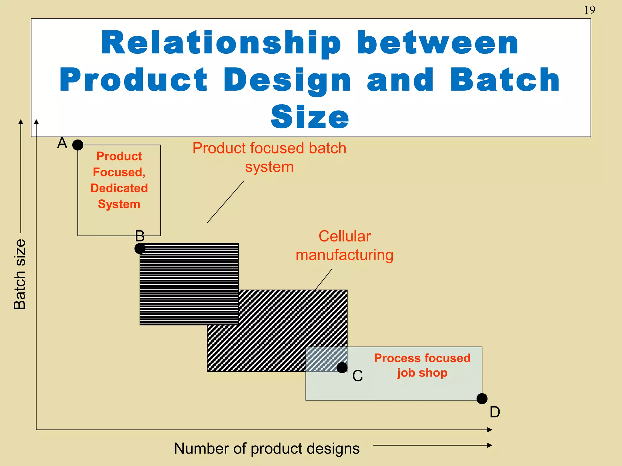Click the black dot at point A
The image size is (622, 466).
(x=78, y=145)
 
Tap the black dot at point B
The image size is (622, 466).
(x=140, y=248)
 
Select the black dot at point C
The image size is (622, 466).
(x=342, y=367)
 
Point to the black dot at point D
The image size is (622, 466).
(x=482, y=399)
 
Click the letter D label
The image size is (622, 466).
(x=495, y=412)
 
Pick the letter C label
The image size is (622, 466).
(x=357, y=376)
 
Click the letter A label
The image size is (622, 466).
(x=62, y=143)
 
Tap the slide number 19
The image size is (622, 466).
(x=589, y=10)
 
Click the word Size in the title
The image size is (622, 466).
(x=310, y=117)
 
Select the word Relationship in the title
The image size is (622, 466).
(x=221, y=43)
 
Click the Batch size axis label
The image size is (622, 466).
(x=20, y=274)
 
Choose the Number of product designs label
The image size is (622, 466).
(x=267, y=448)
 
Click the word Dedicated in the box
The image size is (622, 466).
(x=119, y=188)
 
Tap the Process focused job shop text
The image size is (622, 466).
(x=422, y=366)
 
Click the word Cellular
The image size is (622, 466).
(x=345, y=236)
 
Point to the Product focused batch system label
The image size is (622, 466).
(x=269, y=157)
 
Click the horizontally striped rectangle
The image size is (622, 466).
(x=189, y=284)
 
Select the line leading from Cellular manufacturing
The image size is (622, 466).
(x=323, y=279)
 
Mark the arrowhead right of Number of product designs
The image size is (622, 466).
(x=489, y=445)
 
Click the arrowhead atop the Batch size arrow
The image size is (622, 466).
(x=21, y=122)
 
